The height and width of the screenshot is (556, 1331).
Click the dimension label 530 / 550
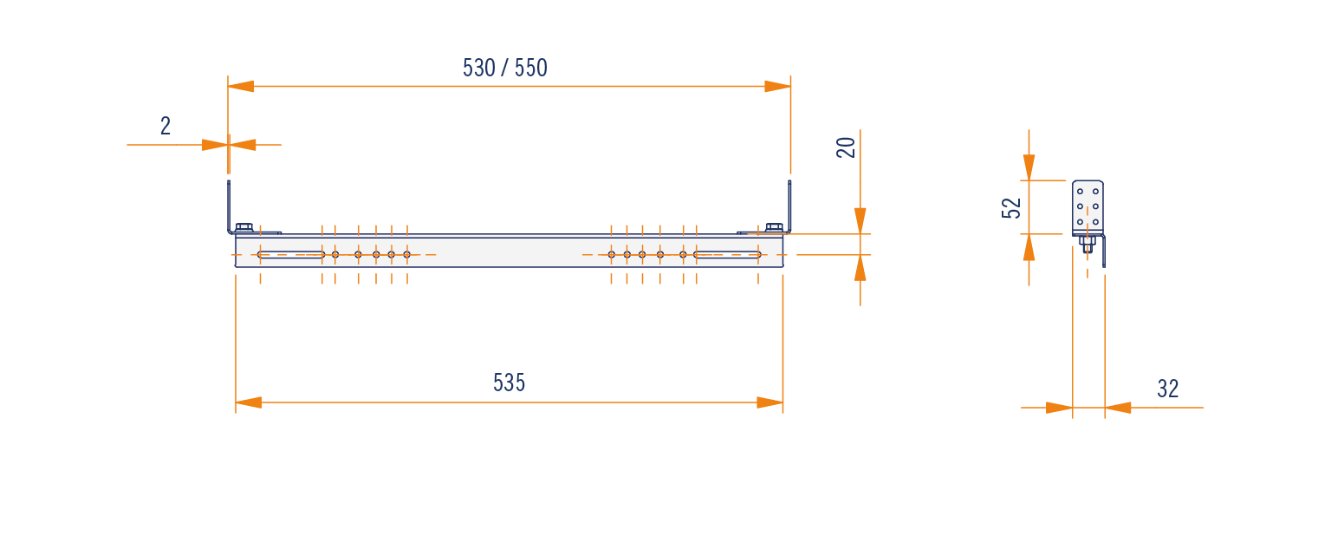(505, 68)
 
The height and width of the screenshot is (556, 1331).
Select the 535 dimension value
(510, 383)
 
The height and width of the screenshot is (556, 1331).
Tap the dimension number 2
(166, 126)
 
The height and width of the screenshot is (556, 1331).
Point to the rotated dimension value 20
(846, 147)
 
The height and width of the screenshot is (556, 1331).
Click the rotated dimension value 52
(1011, 208)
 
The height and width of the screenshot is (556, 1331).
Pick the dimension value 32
(1167, 389)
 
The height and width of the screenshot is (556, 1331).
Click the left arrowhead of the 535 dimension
(249, 402)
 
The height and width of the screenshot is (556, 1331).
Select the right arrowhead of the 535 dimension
(769, 402)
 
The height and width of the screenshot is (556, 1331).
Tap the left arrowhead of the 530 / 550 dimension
(241, 86)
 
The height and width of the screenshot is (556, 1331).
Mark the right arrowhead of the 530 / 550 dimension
(777, 86)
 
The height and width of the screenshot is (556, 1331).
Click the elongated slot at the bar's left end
(291, 254)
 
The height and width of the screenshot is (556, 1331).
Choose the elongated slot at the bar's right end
(727, 254)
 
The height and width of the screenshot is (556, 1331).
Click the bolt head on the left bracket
(244, 228)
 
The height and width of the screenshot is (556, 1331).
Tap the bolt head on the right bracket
(774, 228)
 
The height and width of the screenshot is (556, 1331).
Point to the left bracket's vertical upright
(229, 206)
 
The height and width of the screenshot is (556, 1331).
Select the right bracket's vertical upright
(789, 206)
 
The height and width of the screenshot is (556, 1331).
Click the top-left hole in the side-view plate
(1081, 192)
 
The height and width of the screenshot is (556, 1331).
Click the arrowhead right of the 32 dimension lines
(1118, 408)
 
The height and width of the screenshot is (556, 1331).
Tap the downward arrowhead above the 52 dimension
(1029, 167)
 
